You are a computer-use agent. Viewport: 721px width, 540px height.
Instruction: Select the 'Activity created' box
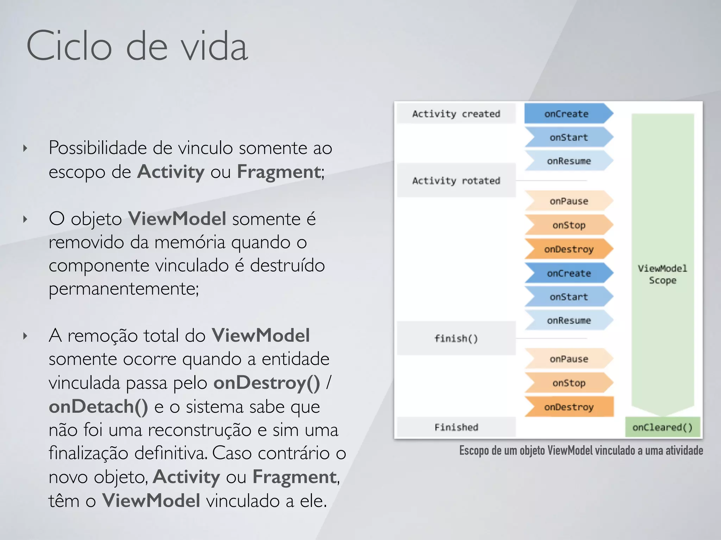click(456, 114)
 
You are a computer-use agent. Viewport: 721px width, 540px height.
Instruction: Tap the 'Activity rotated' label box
click(456, 180)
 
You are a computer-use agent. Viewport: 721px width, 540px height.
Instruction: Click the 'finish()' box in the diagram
click(456, 338)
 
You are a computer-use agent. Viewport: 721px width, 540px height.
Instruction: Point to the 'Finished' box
click(456, 427)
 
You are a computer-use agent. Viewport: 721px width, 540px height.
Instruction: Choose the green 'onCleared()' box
click(662, 427)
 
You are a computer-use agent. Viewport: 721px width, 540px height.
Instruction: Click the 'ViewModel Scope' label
click(662, 274)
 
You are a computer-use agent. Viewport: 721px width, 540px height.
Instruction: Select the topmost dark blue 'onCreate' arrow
click(566, 114)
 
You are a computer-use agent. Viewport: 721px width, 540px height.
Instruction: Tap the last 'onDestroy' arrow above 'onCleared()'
click(569, 407)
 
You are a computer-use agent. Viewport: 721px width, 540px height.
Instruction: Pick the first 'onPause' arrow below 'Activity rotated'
click(569, 201)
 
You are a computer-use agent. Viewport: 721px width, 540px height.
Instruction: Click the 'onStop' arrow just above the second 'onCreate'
click(569, 225)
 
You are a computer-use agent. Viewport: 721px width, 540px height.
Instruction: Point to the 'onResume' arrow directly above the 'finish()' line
click(569, 320)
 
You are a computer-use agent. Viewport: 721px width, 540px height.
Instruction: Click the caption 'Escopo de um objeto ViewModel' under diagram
click(581, 450)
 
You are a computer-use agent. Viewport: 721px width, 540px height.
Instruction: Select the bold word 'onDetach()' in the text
click(98, 407)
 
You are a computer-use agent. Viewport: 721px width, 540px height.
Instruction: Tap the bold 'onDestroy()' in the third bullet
click(267, 383)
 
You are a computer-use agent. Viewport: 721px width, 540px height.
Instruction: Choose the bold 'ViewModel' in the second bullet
click(177, 219)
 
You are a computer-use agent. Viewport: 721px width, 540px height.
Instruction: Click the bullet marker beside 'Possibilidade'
click(25, 148)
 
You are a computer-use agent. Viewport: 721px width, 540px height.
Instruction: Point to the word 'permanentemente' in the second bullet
click(123, 289)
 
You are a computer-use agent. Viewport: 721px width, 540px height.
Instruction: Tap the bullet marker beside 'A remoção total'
click(25, 336)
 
